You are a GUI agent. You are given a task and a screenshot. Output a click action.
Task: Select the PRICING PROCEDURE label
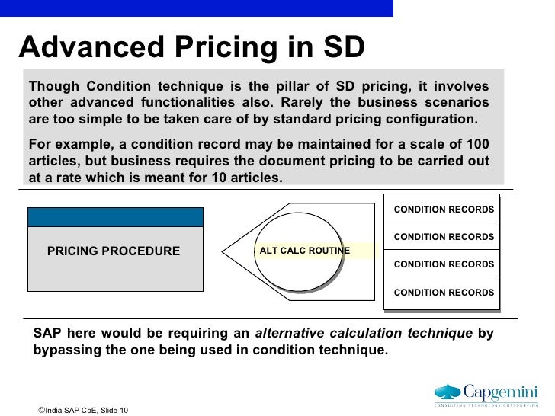(114, 251)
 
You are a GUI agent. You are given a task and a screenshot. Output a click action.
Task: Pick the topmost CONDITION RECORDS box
(444, 210)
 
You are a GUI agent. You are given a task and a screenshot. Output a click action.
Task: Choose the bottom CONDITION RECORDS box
(444, 293)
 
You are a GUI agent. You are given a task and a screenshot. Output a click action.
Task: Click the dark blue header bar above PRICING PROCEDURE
(115, 216)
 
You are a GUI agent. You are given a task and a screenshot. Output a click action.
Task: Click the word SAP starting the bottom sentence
(47, 334)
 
